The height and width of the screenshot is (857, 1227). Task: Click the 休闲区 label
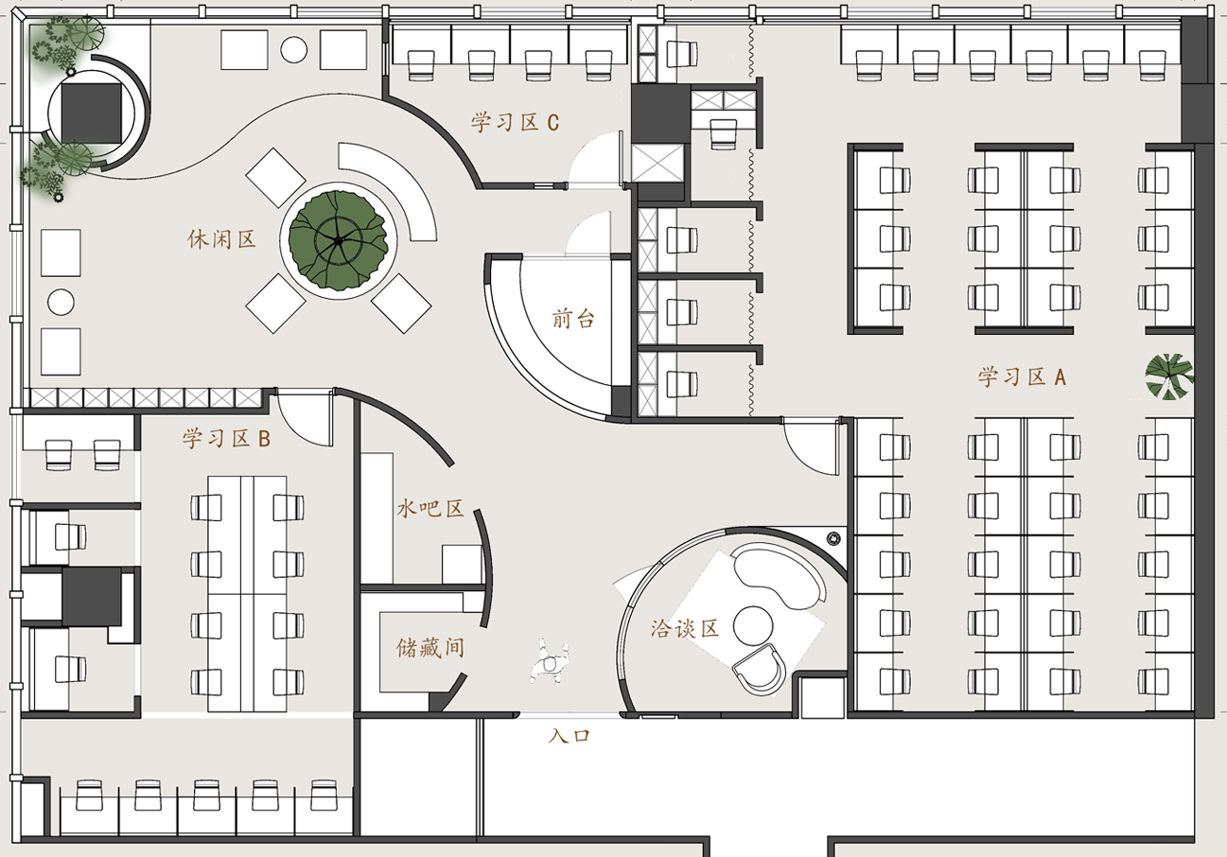click(222, 239)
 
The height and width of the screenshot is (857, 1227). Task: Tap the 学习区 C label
click(515, 122)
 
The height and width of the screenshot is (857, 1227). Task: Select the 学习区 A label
click(1022, 376)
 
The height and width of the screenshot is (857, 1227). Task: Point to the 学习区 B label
click(226, 439)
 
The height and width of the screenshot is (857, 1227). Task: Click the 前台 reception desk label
click(573, 318)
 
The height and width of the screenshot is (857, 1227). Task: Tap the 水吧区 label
click(430, 508)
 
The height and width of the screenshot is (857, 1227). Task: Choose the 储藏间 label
click(430, 648)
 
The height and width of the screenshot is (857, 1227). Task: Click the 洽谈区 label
click(685, 628)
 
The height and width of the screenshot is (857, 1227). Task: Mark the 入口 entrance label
click(570, 735)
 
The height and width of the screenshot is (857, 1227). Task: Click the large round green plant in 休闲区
click(339, 240)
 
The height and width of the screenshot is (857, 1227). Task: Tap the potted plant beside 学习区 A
click(1169, 376)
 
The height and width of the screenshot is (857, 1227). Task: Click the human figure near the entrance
click(550, 661)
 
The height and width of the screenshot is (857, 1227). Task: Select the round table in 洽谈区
click(753, 626)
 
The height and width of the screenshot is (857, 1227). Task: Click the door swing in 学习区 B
click(305, 418)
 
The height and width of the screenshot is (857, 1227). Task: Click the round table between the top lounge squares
click(293, 50)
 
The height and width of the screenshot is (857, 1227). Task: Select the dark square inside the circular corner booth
click(92, 114)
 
